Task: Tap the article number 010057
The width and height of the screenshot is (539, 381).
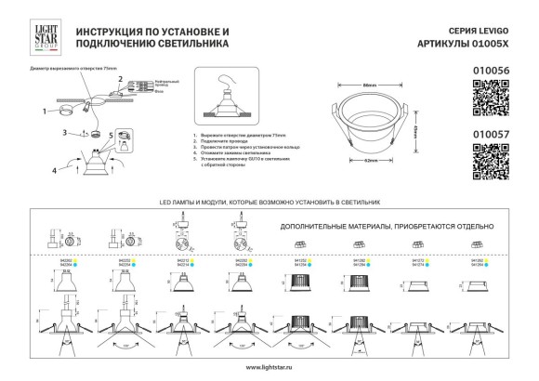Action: [x=494, y=134]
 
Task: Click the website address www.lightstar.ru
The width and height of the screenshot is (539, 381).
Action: [x=269, y=369]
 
